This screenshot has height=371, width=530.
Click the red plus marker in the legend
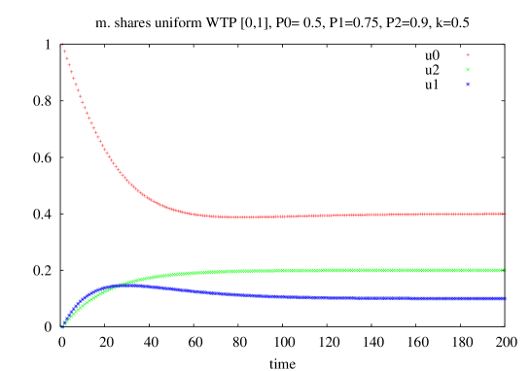tap(468, 55)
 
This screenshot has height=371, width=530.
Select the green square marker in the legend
tap(468, 70)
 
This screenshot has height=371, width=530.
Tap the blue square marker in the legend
tap(468, 84)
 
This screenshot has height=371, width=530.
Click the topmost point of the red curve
tap(62, 44)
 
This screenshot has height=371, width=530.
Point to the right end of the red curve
tap(505, 213)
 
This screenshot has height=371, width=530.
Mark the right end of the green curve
tap(505, 270)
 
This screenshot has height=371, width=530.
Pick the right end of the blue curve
tap(505, 298)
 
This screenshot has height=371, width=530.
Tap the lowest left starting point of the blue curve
tap(61, 327)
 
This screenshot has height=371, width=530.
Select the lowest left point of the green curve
tap(62, 326)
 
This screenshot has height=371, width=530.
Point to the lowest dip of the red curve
tap(233, 217)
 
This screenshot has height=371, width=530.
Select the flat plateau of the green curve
tap(389, 270)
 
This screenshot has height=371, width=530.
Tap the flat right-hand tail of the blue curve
tap(408, 297)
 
